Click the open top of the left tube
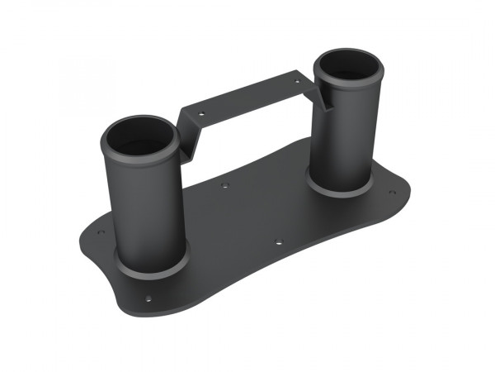click(x=143, y=138)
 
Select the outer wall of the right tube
click(x=346, y=132)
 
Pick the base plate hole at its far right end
click(x=393, y=193)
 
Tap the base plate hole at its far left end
click(x=101, y=232)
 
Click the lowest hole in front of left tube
click(x=148, y=298)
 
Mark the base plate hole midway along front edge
click(x=278, y=241)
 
